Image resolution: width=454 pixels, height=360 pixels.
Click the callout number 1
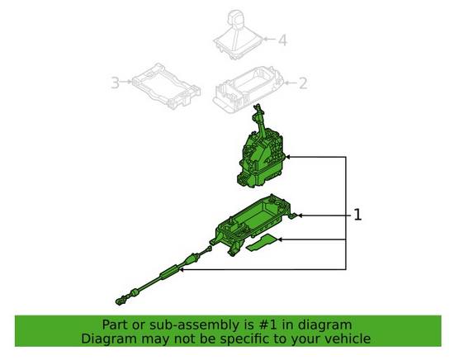[358, 215]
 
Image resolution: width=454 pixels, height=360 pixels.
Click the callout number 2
[302, 83]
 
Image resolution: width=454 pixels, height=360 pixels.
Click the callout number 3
[115, 82]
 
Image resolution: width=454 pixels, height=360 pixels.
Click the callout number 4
[281, 39]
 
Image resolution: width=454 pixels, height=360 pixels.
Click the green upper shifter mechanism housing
[261, 157]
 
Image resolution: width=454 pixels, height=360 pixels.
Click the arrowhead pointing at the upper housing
[288, 157]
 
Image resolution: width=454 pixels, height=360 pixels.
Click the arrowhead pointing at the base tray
[300, 216]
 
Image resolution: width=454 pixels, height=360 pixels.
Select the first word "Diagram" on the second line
[109, 339]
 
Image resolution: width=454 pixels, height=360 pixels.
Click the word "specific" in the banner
[236, 339]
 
